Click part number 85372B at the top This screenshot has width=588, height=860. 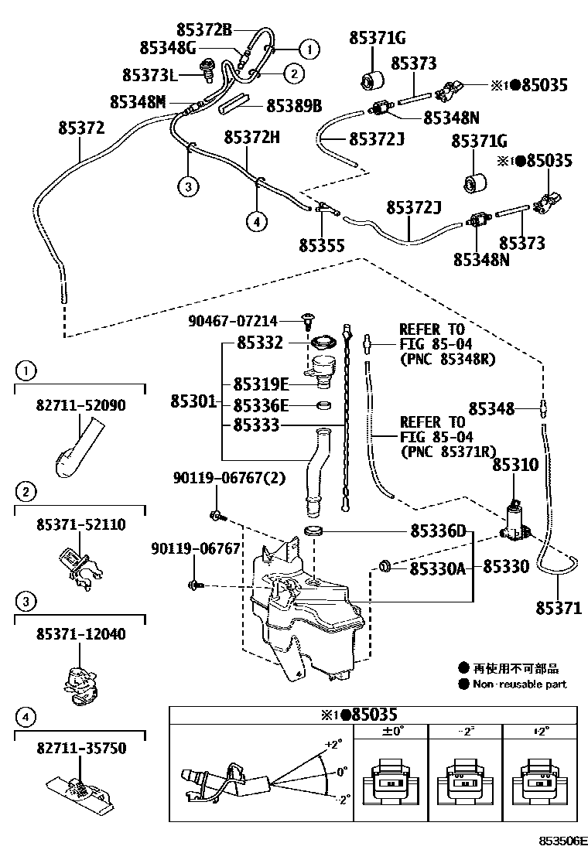click(x=194, y=30)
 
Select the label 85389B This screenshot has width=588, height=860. click(x=294, y=104)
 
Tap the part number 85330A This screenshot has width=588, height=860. click(x=437, y=569)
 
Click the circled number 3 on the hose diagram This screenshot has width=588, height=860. click(x=187, y=185)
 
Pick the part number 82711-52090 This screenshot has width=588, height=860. click(x=80, y=404)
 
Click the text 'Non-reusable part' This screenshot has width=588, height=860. click(x=519, y=684)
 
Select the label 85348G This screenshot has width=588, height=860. click(x=168, y=48)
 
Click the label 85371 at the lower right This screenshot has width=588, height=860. click(x=558, y=608)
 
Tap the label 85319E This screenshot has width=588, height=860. click(x=262, y=384)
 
